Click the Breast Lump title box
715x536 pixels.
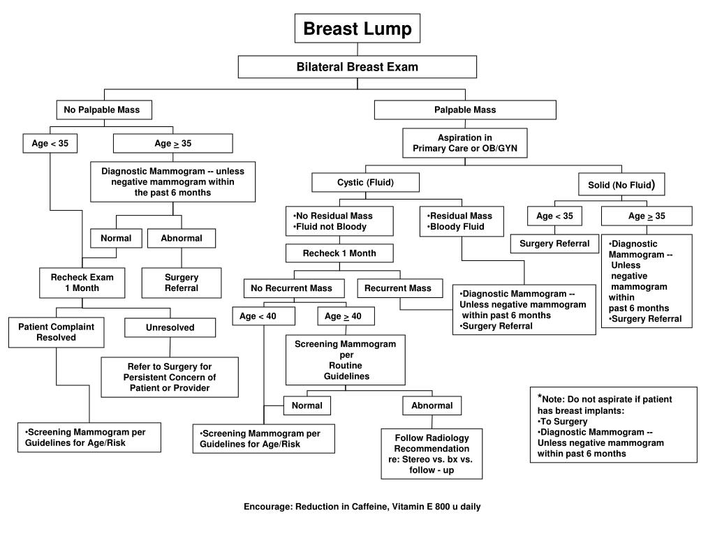click(x=357, y=29)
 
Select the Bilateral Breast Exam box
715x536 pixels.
click(x=357, y=67)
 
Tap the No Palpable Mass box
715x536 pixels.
click(x=102, y=110)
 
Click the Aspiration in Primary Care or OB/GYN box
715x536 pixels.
click(x=464, y=143)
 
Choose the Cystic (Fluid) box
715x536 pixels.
click(x=365, y=183)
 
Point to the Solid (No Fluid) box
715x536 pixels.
click(x=621, y=185)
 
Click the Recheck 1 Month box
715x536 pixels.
click(x=339, y=253)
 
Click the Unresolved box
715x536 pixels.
click(x=170, y=327)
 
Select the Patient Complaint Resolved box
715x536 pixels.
click(x=57, y=332)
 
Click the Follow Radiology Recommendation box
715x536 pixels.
click(x=432, y=454)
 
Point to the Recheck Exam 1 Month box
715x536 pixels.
click(x=82, y=283)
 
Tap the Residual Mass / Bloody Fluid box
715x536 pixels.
click(x=462, y=221)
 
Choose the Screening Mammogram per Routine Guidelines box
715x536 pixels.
click(x=346, y=360)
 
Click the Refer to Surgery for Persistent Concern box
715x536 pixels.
click(x=170, y=377)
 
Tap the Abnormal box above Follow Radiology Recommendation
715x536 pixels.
click(x=432, y=405)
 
